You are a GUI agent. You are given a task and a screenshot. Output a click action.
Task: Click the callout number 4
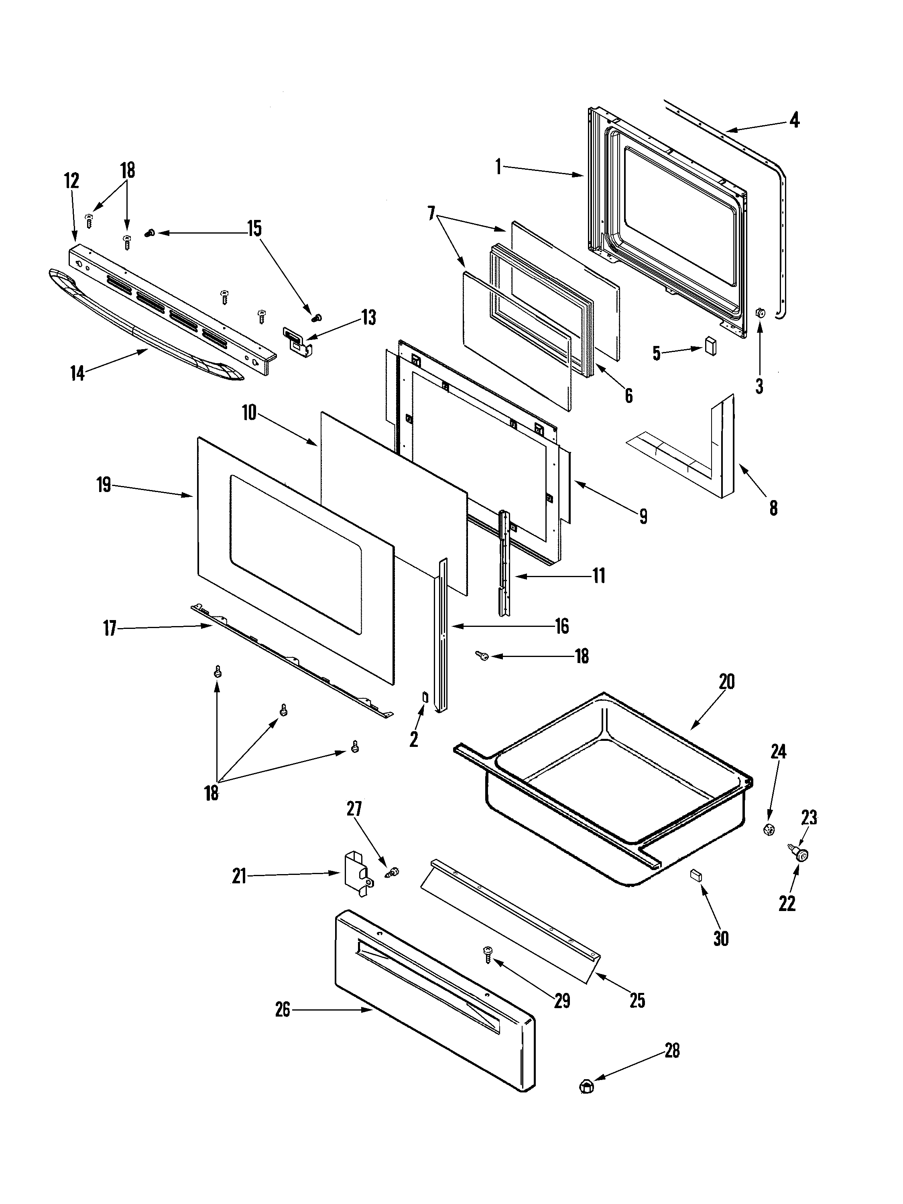(794, 120)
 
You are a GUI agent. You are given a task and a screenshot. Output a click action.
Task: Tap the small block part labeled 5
(710, 346)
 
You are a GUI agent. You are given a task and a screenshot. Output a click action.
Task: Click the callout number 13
(368, 317)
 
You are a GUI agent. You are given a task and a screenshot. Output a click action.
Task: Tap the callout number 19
(104, 484)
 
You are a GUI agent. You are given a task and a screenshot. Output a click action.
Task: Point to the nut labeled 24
(769, 830)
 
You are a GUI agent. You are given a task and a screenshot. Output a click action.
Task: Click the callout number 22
(787, 903)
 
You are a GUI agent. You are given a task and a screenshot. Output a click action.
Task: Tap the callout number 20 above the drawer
(727, 682)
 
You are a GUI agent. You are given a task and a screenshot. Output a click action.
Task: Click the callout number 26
(283, 1010)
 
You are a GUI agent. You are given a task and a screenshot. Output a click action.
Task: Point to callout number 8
(773, 508)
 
